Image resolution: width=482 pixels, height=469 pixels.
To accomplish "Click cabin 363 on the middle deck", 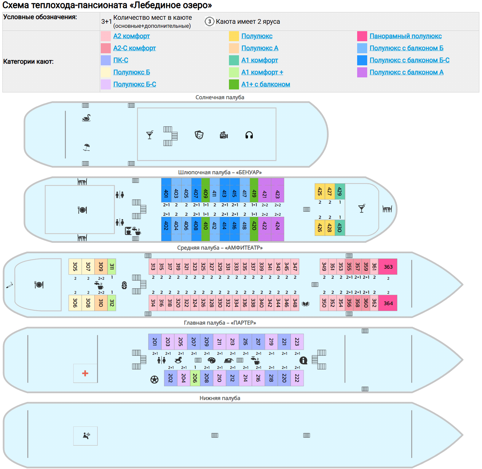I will (388, 267).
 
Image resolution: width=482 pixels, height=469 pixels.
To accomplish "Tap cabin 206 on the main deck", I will (195, 378).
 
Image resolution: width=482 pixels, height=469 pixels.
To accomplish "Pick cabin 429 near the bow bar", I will (340, 192).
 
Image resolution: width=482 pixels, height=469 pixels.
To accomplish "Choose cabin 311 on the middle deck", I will (112, 267).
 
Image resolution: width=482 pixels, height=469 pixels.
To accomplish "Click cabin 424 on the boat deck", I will (277, 225).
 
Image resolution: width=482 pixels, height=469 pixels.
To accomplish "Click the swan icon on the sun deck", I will (86, 118).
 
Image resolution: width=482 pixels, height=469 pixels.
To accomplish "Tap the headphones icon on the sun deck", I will (249, 135).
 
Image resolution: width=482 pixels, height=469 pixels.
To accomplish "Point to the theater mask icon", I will (199, 135).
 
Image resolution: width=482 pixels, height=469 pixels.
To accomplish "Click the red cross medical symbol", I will (85, 373).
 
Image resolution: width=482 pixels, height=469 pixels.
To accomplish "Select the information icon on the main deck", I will (303, 360).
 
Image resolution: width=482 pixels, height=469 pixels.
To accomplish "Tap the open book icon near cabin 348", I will (306, 304).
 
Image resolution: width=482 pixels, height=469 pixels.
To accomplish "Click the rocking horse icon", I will (178, 360).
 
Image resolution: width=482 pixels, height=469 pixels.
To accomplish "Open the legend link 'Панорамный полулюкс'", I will (405, 36).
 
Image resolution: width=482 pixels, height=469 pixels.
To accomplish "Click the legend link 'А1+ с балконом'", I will (265, 84).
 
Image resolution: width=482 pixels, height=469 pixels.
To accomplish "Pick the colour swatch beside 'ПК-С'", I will (106, 60).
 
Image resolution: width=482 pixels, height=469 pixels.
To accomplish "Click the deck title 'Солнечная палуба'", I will (220, 97).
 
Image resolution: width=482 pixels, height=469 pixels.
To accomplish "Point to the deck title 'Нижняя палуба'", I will (220, 398).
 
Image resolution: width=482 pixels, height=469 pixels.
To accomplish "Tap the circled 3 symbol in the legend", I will (210, 22).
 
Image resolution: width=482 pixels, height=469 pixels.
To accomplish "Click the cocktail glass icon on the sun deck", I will (150, 135).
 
